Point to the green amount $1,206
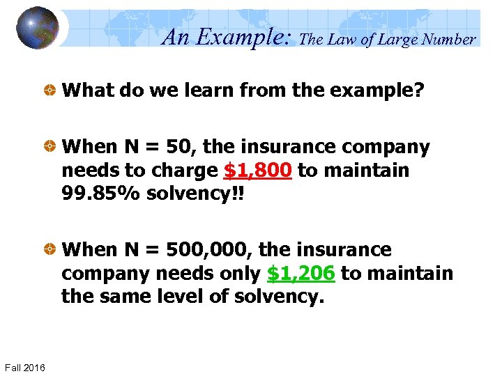click(x=301, y=274)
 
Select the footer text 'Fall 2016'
click(x=25, y=367)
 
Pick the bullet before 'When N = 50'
click(x=50, y=148)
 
